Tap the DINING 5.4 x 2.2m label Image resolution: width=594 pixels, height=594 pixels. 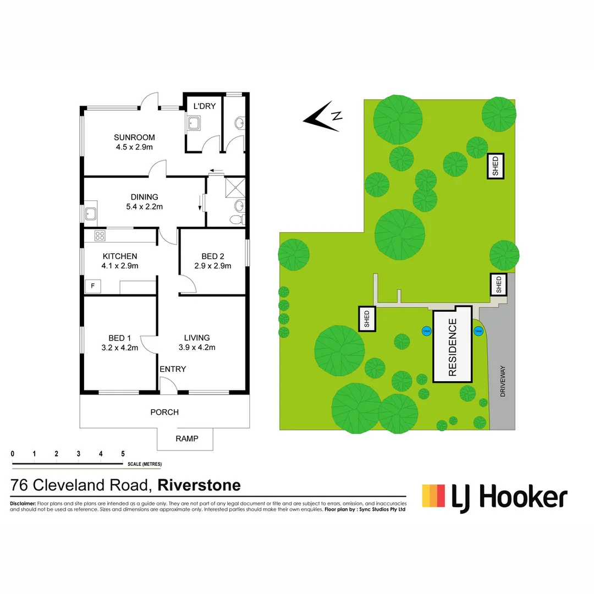(144, 202)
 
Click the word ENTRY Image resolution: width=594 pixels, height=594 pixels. (173, 369)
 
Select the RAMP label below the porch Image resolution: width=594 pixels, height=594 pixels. (186, 438)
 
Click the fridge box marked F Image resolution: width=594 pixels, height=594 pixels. (92, 286)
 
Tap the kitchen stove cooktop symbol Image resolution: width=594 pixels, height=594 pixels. (100, 236)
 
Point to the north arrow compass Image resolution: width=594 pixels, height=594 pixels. (324, 116)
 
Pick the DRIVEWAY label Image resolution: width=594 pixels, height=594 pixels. (502, 382)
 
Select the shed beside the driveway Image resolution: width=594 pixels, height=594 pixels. (499, 285)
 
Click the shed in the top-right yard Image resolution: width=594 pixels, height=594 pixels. (496, 166)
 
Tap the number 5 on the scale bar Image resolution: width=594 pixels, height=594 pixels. (123, 454)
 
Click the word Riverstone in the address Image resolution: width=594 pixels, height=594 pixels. (199, 486)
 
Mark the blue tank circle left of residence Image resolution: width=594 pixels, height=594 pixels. (426, 331)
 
